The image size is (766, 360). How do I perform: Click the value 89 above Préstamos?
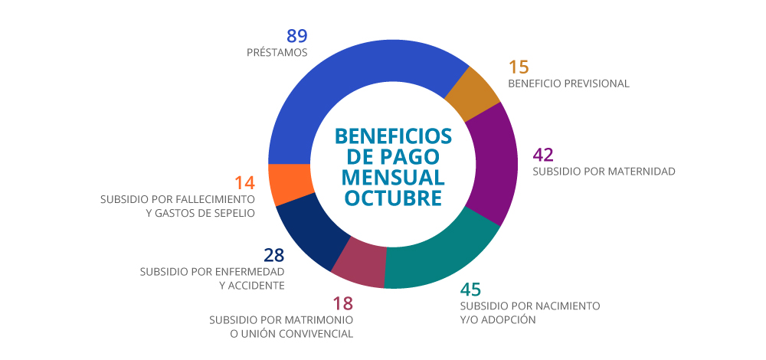tap(297, 35)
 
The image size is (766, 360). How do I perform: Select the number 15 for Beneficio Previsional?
tap(519, 67)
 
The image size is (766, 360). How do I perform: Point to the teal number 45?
tap(470, 290)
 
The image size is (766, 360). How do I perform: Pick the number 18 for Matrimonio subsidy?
tap(342, 303)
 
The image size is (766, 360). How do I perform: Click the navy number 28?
tap(274, 255)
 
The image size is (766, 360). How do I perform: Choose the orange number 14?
tap(244, 183)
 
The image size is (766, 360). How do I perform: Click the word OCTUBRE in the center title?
tap(393, 198)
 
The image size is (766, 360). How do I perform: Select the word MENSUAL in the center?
tap(393, 177)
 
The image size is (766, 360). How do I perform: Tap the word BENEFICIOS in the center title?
tap(393, 136)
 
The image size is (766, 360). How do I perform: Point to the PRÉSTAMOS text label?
tap(277, 53)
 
